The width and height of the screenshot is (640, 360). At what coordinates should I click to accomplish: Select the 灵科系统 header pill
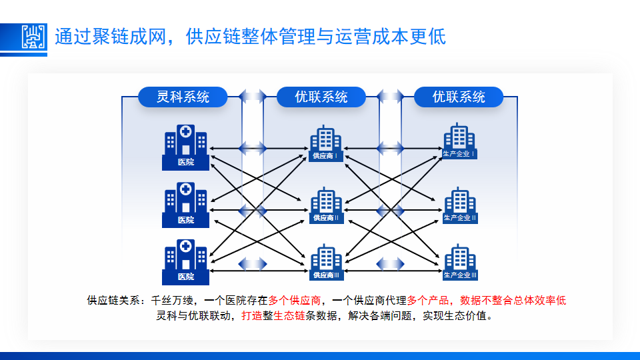point(183,97)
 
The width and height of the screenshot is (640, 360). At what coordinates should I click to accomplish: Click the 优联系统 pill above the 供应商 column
point(321,97)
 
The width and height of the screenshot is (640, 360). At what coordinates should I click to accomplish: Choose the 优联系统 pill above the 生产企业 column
point(459,97)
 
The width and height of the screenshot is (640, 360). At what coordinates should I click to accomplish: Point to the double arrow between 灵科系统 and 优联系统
point(253,97)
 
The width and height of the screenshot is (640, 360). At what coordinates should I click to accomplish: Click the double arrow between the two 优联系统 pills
point(391,97)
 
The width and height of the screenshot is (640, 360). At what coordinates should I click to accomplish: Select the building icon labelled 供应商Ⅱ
point(326,205)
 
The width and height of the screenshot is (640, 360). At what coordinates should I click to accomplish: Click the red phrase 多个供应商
point(295,301)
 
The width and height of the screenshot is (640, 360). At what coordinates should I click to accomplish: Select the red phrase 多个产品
point(429,301)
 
